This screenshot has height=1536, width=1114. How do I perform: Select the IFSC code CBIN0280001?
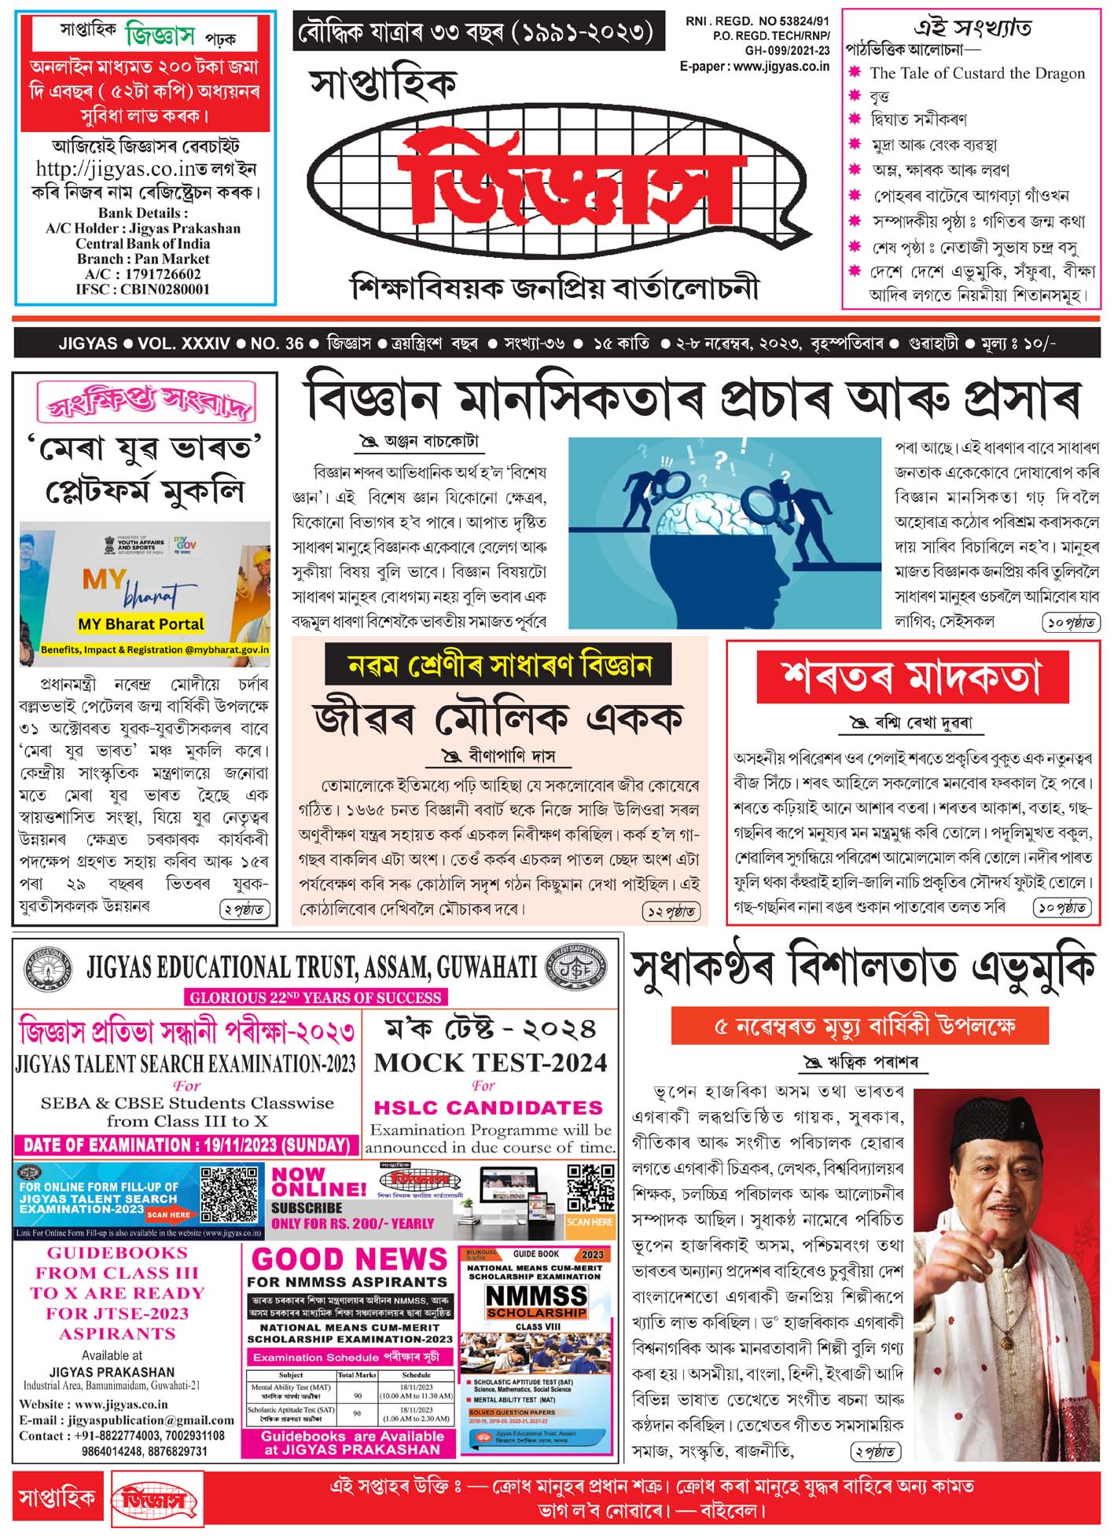pyautogui.click(x=143, y=289)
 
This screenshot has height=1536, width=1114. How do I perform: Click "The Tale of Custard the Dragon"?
pyautogui.click(x=976, y=73)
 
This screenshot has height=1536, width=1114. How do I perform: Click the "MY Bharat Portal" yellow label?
pyautogui.click(x=141, y=624)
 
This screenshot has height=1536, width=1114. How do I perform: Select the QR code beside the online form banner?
pyautogui.click(x=229, y=1194)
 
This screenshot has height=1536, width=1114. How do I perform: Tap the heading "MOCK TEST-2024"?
pyautogui.click(x=491, y=1063)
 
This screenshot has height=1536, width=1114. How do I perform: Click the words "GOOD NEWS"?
pyautogui.click(x=349, y=1259)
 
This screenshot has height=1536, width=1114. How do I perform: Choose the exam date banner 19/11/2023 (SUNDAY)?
pyautogui.click(x=186, y=1145)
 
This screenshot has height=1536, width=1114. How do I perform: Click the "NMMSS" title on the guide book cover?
pyautogui.click(x=536, y=1295)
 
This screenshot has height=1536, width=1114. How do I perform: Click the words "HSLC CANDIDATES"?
pyautogui.click(x=488, y=1108)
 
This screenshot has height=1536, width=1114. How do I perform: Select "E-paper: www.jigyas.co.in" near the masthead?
pyautogui.click(x=754, y=66)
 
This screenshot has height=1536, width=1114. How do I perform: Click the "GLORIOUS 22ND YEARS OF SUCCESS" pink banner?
pyautogui.click(x=316, y=998)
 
